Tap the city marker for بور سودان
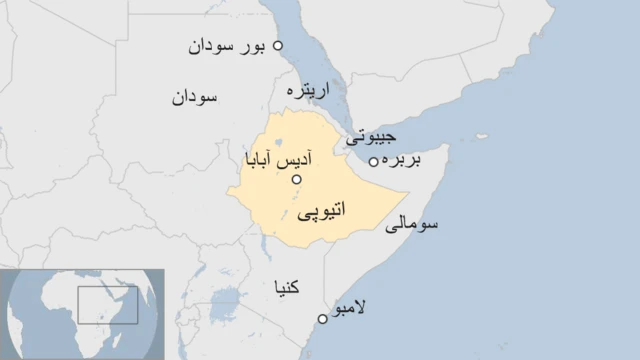[x=278, y=45]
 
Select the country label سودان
[x=195, y=97]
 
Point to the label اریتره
[x=308, y=91]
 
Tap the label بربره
[x=406, y=160]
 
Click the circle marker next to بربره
[x=374, y=162]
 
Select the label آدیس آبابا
[x=276, y=159]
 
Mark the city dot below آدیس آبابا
[x=296, y=179]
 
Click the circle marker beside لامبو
[x=322, y=319]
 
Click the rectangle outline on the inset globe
[x=108, y=304]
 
